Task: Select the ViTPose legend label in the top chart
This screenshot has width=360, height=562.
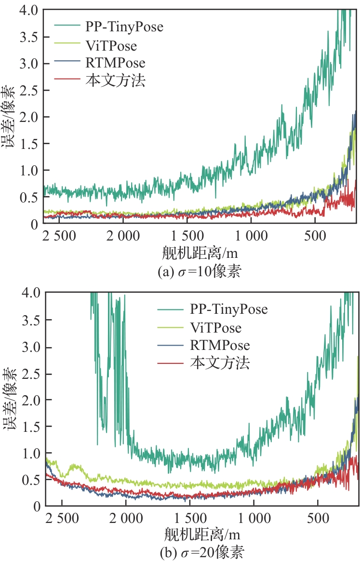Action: coord(111,46)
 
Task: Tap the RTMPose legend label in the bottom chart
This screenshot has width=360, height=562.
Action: coord(220,345)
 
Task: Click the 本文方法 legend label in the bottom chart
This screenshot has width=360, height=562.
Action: coord(220,362)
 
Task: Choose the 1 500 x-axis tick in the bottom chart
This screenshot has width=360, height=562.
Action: coord(187,519)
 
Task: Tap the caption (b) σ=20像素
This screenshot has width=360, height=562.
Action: coord(199,552)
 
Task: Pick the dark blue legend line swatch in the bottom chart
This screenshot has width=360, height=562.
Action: coord(172,345)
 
